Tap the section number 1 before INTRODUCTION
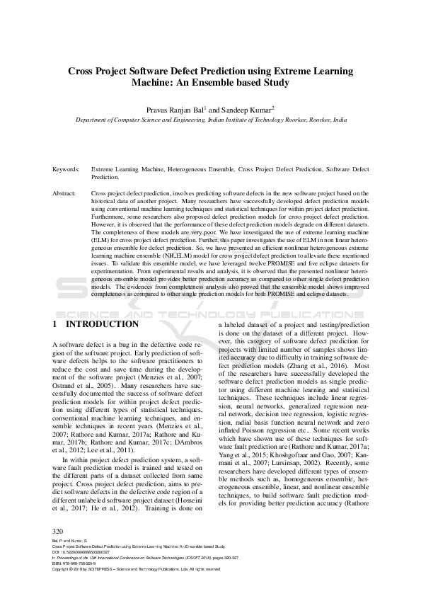point(55,324)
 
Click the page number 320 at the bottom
point(59,551)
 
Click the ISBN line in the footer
point(77,583)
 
